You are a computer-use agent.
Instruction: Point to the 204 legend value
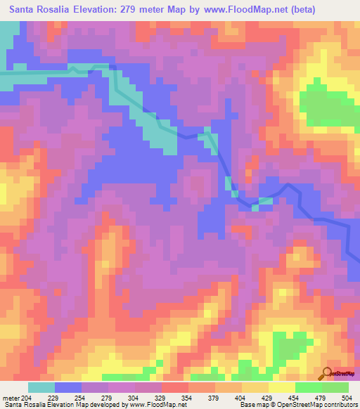27,396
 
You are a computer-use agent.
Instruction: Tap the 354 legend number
189,396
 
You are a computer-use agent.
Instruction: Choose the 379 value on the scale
216,396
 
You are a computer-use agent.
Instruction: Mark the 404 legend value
243,396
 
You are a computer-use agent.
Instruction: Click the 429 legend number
269,396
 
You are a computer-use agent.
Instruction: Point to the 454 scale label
296,396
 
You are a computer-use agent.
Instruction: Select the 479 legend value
323,396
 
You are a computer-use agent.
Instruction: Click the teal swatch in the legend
41,387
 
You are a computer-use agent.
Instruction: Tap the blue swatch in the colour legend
68,387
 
